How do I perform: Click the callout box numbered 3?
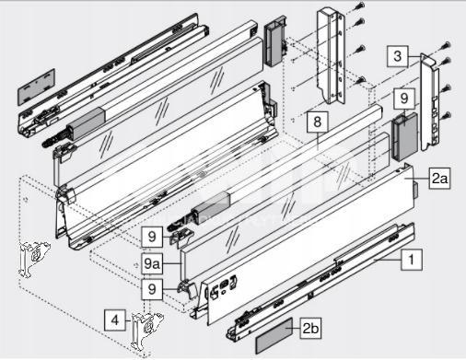click(x=398, y=56)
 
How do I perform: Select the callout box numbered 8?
click(x=317, y=122)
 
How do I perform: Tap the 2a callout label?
click(x=439, y=178)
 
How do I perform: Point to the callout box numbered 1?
click(x=412, y=260)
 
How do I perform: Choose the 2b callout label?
click(x=310, y=328)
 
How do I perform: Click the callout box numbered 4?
click(x=115, y=320)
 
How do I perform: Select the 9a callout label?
click(x=152, y=263)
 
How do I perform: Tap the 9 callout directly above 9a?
click(x=152, y=237)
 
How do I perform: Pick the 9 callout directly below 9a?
click(x=152, y=289)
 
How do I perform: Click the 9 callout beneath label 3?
click(x=404, y=99)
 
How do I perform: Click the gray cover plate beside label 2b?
click(x=274, y=336)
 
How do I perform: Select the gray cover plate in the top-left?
click(x=36, y=87)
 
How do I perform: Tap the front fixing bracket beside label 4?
click(x=146, y=331)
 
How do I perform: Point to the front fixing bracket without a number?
click(x=33, y=259)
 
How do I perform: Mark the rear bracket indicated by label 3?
click(x=430, y=102)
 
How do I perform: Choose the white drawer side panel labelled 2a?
click(x=307, y=242)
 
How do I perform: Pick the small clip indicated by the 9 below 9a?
click(x=187, y=289)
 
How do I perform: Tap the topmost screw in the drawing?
click(x=361, y=6)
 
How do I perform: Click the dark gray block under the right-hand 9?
click(x=404, y=137)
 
